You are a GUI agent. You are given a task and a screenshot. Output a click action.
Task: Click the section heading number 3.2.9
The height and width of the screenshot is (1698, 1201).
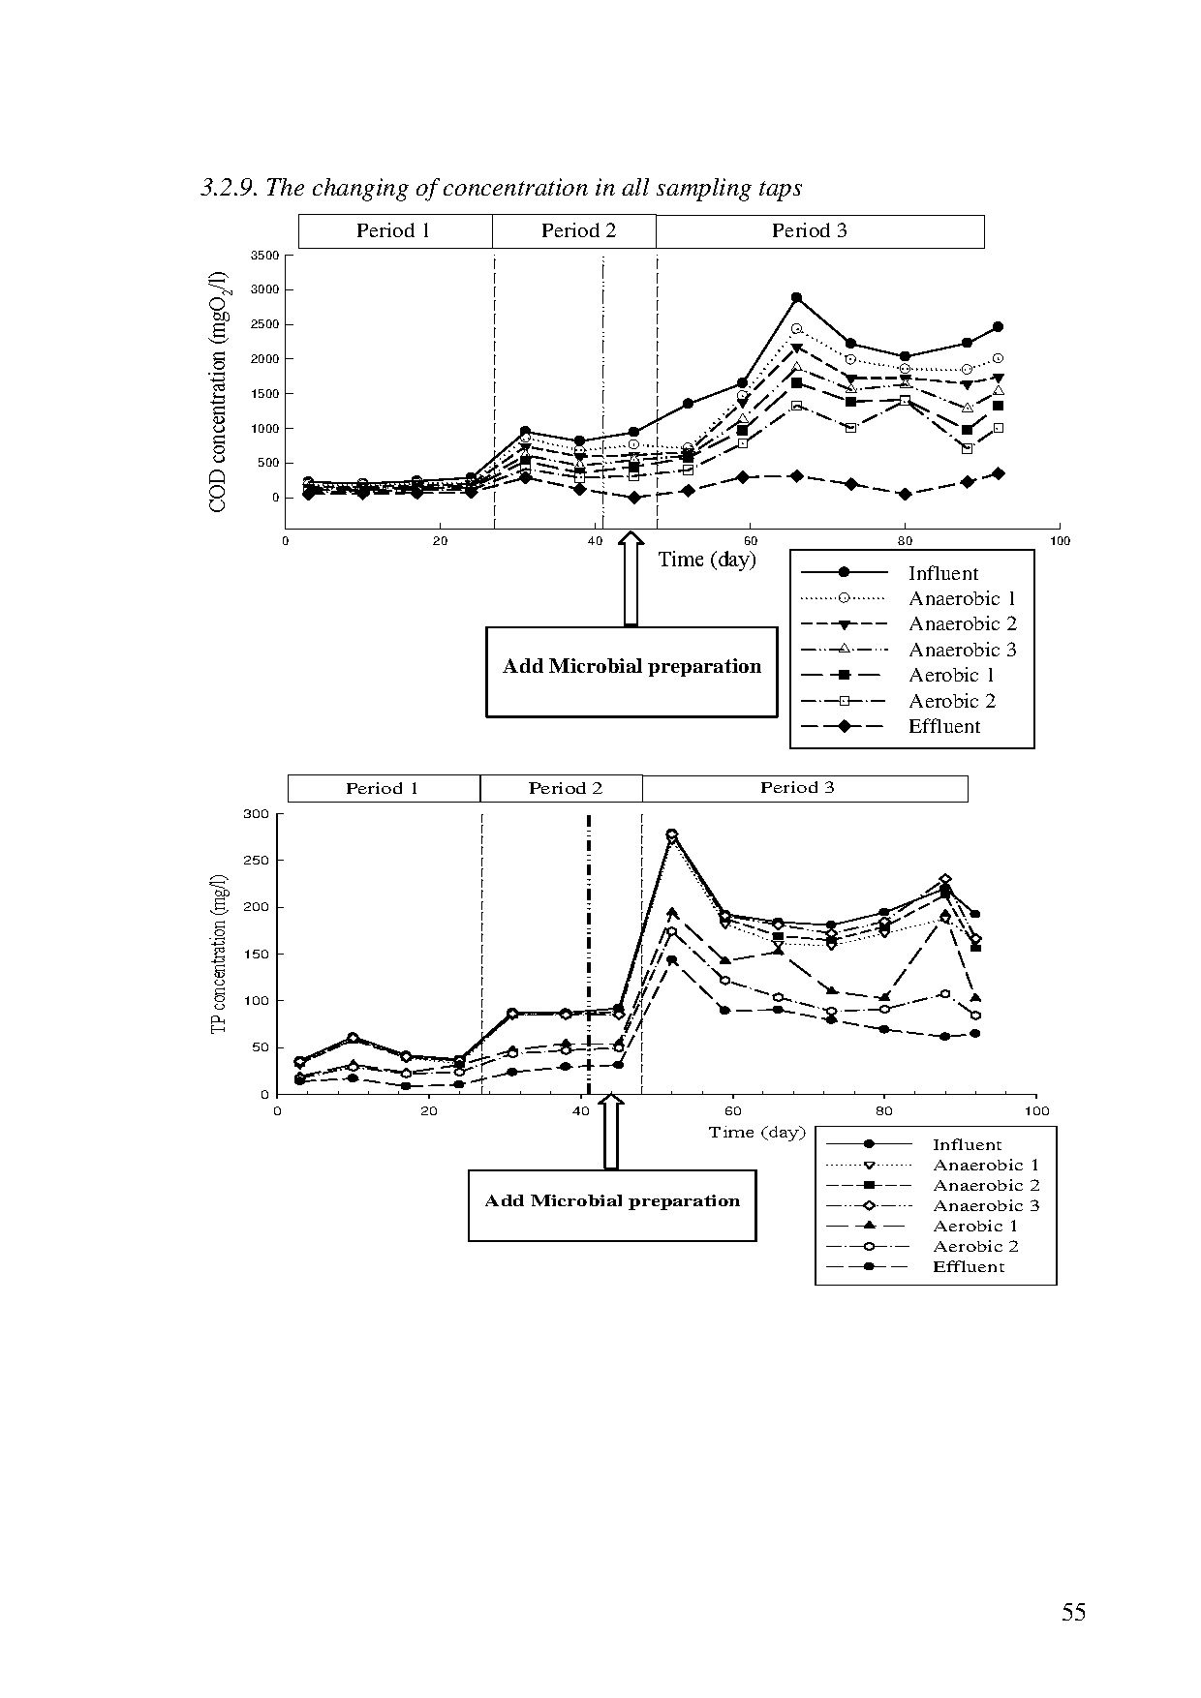click(229, 188)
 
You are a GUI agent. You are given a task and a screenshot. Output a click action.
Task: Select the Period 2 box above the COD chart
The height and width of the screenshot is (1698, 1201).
click(577, 231)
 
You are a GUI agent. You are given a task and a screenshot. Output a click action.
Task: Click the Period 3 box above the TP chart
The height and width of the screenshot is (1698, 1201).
click(797, 788)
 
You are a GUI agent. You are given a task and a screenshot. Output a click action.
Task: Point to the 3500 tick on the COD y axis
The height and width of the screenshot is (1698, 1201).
click(264, 256)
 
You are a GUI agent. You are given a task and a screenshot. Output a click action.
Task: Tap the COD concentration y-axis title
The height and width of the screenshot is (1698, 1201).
click(218, 391)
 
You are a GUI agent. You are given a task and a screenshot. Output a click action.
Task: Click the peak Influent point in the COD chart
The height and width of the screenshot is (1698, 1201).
click(796, 297)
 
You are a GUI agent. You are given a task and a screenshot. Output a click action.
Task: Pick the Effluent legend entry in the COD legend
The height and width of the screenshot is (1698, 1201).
click(943, 727)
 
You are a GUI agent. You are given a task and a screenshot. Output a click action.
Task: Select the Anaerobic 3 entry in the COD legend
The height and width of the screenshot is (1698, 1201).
click(961, 651)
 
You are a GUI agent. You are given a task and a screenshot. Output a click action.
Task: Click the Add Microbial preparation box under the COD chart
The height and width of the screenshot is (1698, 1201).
click(631, 671)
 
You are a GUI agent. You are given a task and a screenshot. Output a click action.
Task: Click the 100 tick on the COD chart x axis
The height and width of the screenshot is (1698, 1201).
click(1060, 541)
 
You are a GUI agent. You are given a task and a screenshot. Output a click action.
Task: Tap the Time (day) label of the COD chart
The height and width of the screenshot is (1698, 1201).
click(707, 560)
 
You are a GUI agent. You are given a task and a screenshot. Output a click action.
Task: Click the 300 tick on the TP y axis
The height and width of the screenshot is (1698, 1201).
click(256, 814)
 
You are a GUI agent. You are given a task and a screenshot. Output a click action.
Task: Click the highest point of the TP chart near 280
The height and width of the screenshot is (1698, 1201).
click(671, 834)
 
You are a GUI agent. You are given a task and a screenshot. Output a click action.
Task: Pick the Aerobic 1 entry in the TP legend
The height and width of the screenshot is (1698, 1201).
click(974, 1227)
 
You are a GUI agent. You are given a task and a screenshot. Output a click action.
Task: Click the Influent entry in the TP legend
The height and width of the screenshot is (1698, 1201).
click(967, 1145)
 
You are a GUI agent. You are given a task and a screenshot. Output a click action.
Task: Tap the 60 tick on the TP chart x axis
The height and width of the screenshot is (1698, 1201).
click(733, 1111)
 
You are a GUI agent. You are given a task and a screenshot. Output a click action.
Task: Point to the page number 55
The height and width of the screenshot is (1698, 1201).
click(1073, 1612)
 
